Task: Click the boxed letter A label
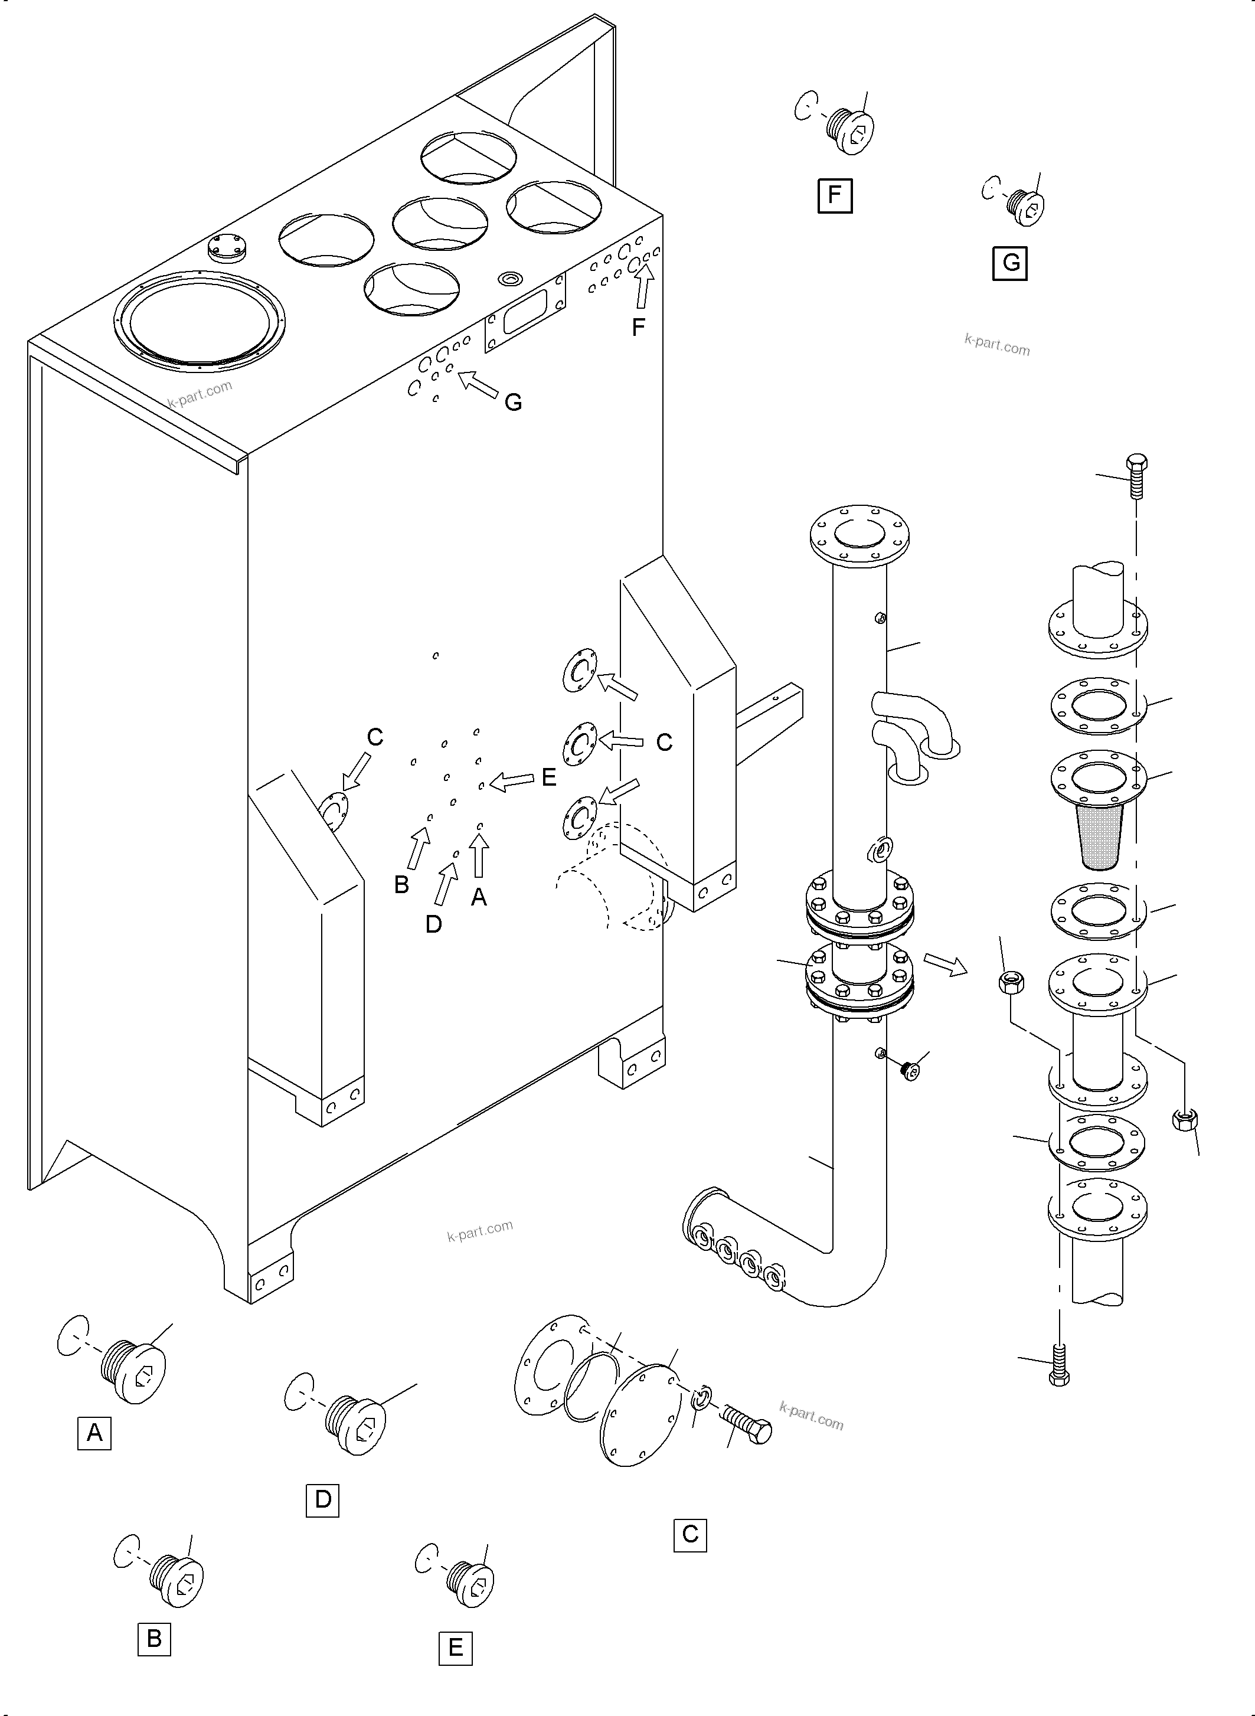point(94,1433)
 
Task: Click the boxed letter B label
point(154,1639)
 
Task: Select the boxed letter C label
point(690,1534)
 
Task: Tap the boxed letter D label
point(323,1499)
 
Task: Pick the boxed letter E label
point(456,1648)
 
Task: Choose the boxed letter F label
point(835,195)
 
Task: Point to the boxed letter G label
point(1011,263)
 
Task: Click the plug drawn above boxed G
point(1025,205)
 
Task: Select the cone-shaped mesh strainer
point(1099,836)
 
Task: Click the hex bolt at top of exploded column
point(1136,475)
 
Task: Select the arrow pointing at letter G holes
point(479,384)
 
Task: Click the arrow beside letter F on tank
point(644,291)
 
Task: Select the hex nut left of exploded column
point(1011,982)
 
